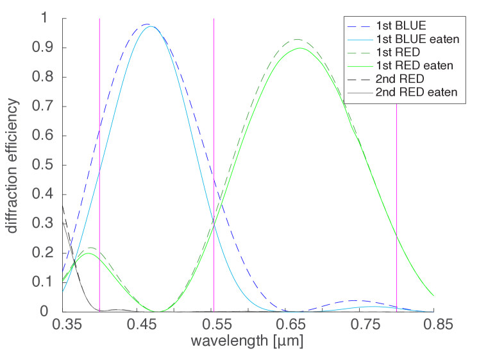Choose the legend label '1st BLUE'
coord(403,26)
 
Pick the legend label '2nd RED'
coord(401,79)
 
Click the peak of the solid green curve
coord(299,47)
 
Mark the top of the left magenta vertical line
coord(99,19)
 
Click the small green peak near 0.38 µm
coord(89,253)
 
